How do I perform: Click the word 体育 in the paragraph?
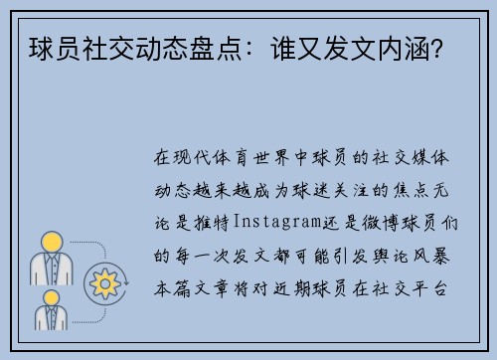coord(233,158)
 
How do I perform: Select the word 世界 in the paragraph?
coord(276,158)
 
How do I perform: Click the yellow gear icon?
coord(102,282)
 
